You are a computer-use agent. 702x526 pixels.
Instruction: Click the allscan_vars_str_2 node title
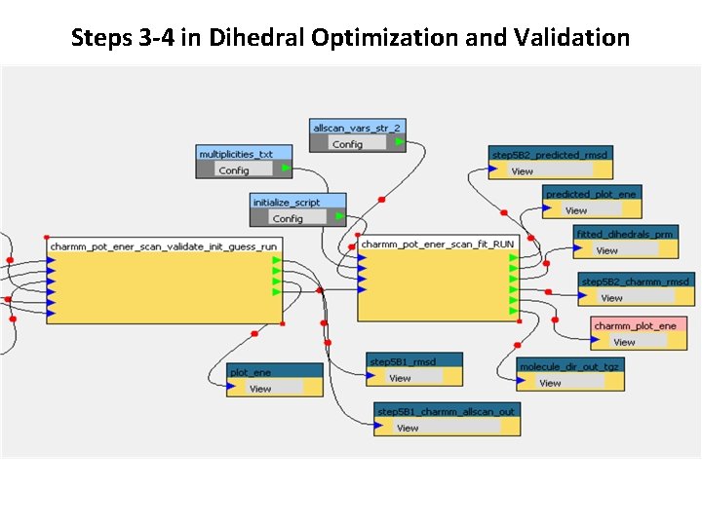357,128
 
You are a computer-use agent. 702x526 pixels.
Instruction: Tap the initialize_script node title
287,203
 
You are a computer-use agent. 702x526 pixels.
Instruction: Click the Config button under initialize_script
287,218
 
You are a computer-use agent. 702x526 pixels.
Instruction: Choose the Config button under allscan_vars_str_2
346,144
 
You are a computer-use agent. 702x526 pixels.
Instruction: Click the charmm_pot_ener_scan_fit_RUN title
437,244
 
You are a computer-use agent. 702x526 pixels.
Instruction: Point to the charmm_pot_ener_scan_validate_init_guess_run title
163,246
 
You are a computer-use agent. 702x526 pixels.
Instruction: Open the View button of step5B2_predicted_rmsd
523,171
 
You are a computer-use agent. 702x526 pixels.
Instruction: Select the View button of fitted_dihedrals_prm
606,250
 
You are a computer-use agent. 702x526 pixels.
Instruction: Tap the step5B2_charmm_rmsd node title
635,282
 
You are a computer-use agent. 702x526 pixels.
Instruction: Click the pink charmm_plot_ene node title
635,325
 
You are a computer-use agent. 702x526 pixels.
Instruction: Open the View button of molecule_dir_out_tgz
550,383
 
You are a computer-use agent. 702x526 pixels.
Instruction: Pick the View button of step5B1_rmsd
400,378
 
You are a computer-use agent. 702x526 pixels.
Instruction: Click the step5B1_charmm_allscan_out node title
446,411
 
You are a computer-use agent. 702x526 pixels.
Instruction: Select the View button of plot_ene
260,389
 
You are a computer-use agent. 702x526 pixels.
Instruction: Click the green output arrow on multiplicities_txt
285,169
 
